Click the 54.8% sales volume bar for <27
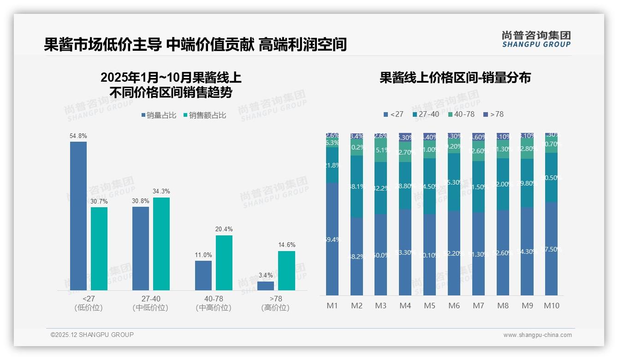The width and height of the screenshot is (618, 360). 78,216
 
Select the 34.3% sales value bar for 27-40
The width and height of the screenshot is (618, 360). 161,244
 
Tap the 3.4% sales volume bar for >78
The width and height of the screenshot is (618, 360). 266,286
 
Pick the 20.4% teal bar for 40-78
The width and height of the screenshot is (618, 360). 224,263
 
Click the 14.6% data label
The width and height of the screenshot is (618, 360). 286,245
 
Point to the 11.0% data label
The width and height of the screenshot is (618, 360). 203,255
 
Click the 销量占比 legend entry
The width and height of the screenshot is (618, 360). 159,115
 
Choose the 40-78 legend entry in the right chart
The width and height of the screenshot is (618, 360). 461,114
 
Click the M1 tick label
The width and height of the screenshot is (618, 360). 332,306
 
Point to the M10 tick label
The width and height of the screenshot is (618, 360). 551,306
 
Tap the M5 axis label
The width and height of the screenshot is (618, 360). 429,306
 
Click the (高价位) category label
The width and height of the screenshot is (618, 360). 275,308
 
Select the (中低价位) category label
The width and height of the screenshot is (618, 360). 150,308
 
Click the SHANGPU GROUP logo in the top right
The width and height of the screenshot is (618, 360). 536,39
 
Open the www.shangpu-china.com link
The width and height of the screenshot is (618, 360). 537,335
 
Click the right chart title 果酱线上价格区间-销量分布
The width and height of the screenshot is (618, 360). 455,78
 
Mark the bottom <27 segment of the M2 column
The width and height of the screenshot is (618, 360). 357,256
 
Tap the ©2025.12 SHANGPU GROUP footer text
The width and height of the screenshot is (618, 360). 92,335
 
